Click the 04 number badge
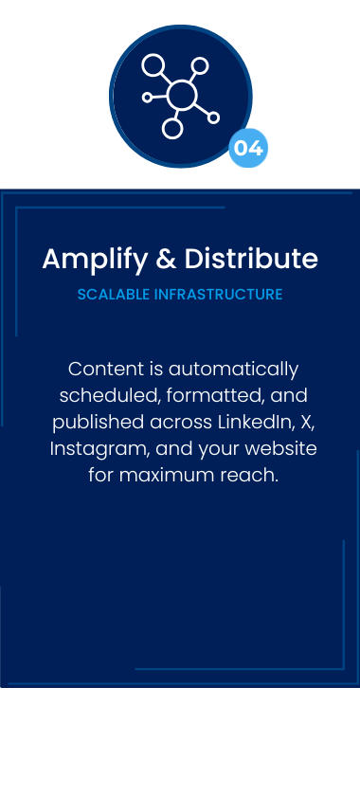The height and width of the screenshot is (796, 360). point(248,148)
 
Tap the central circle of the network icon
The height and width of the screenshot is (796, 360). point(181,95)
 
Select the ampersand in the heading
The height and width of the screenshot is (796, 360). point(166,259)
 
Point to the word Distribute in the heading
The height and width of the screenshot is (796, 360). point(251,259)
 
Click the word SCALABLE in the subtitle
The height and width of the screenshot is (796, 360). point(114,295)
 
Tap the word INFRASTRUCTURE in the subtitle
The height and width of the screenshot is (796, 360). point(218,295)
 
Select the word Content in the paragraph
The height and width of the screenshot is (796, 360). point(106,369)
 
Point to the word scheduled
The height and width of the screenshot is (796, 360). point(110,395)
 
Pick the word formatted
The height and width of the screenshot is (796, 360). point(215,395)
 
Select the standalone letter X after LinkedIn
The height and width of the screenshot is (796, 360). point(307,423)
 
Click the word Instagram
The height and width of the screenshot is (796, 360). point(99,450)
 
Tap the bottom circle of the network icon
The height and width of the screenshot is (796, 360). point(172,129)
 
